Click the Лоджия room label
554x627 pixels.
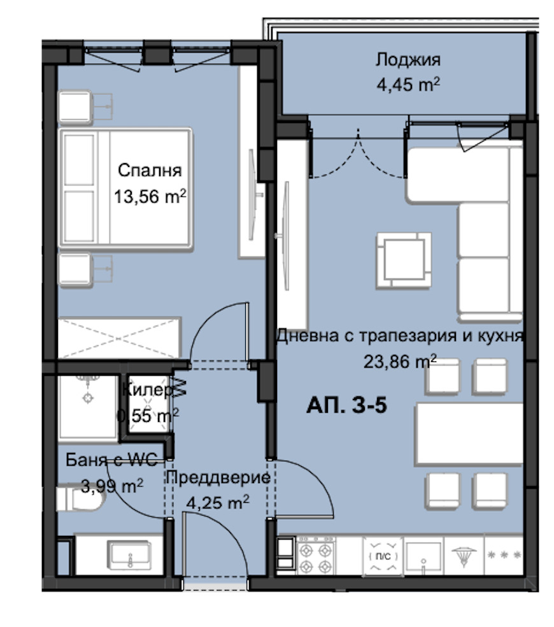tap(408, 60)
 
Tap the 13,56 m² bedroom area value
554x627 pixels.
tap(150, 196)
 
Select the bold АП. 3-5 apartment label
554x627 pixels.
tap(347, 405)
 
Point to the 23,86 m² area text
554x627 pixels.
tap(400, 361)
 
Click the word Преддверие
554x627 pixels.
tap(218, 477)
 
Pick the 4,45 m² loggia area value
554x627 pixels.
tap(408, 84)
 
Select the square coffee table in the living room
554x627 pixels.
tap(404, 261)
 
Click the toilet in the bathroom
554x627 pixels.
tap(80, 498)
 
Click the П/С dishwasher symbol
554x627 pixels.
tap(383, 556)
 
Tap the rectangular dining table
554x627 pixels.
tap(469, 435)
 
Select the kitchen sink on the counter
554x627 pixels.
tap(423, 556)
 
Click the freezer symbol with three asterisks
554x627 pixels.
tap(504, 556)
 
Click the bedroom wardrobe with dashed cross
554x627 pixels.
tap(120, 338)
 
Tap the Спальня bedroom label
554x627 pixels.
tap(150, 170)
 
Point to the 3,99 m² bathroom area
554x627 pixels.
tap(112, 486)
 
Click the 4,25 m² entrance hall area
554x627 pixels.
tap(218, 502)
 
